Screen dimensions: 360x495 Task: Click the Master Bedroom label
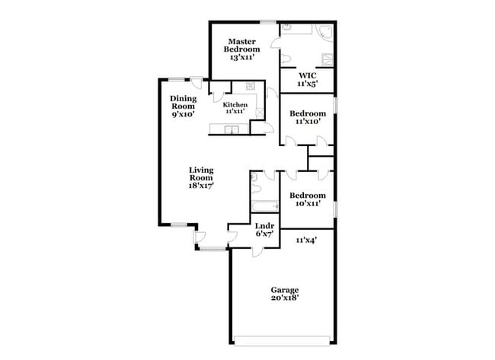[241, 49]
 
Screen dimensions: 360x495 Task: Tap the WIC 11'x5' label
[307, 79]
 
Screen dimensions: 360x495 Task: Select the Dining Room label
[183, 106]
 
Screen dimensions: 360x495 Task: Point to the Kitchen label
[235, 107]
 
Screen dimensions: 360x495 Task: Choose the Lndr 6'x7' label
[264, 230]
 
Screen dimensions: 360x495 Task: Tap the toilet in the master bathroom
[283, 59]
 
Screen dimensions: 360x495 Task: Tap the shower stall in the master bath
[327, 59]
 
